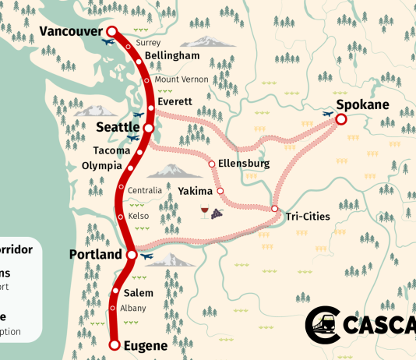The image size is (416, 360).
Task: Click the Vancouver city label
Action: click(70, 32)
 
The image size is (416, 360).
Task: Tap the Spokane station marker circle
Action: click(340, 119)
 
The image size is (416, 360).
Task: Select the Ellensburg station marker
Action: click(212, 164)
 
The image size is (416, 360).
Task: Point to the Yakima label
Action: click(195, 191)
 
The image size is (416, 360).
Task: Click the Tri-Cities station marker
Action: click(275, 209)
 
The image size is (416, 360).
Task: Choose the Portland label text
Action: click(96, 255)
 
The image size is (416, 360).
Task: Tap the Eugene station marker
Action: click(115, 344)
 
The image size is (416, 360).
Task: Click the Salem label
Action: click(139, 293)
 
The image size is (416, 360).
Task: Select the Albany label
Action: click(133, 308)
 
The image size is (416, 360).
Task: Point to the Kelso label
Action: click(139, 216)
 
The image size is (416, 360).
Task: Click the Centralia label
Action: click(145, 190)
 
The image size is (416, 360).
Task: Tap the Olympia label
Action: click(101, 166)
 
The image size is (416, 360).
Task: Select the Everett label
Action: click(175, 101)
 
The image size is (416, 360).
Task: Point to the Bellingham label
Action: click(172, 56)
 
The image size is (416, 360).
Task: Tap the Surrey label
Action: click(147, 42)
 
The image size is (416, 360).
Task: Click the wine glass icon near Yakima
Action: click(205, 211)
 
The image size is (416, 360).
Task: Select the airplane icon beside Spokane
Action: click(328, 114)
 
